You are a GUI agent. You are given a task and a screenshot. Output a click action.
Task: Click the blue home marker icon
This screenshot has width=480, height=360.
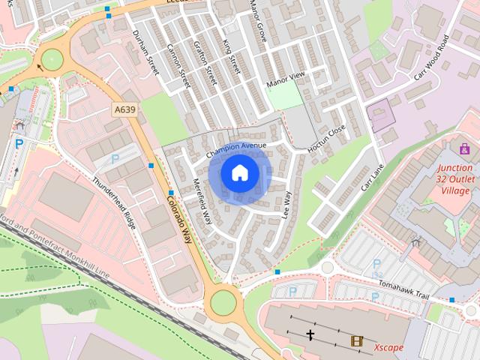pyautogui.click(x=240, y=173)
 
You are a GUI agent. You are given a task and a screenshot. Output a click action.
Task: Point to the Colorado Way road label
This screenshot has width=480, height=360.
pyautogui.click(x=179, y=218)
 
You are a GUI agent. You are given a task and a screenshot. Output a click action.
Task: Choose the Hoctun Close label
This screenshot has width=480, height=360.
pyautogui.click(x=326, y=139)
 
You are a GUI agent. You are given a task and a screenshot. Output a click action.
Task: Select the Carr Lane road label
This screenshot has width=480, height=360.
pyautogui.click(x=373, y=177)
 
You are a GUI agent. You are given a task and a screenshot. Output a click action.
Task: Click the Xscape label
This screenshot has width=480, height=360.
pyautogui.click(x=388, y=347)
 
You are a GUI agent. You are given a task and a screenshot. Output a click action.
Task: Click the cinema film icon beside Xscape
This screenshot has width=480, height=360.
pyautogui.click(x=357, y=341)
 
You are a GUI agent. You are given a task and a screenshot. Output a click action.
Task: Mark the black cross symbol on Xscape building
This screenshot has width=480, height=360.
pyautogui.click(x=310, y=334)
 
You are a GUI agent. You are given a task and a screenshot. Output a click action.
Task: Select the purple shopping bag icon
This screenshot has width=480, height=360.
pyautogui.click(x=465, y=148)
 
